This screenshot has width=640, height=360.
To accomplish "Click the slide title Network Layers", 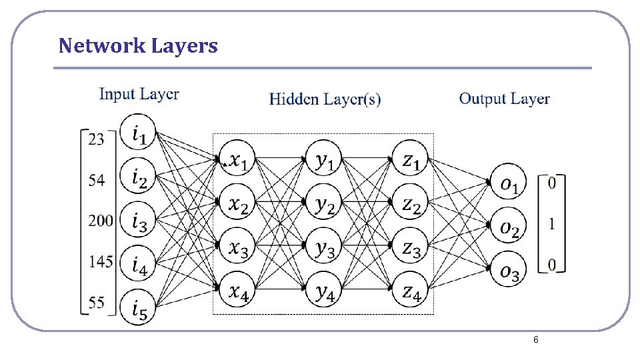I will click(x=138, y=46).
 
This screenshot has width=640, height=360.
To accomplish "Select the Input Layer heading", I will click(x=139, y=94).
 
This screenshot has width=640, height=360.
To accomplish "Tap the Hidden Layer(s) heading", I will click(x=325, y=99).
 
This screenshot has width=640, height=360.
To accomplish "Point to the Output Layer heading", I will click(x=504, y=99).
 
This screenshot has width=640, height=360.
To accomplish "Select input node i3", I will click(x=138, y=221).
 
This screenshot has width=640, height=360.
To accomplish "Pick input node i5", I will click(x=138, y=308).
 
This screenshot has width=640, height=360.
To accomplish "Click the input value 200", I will click(x=100, y=221).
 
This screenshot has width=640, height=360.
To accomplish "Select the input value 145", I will click(x=100, y=262).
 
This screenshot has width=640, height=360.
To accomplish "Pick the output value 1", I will click(x=551, y=225).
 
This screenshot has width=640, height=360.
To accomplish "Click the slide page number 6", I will click(x=535, y=341).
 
